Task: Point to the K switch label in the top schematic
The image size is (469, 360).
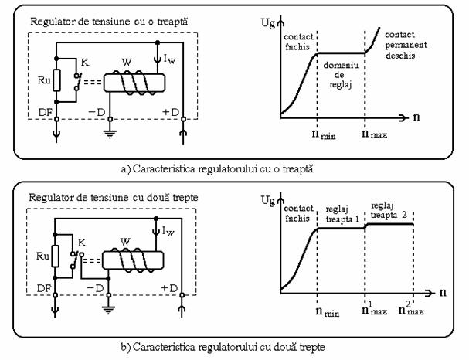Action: [84, 59]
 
